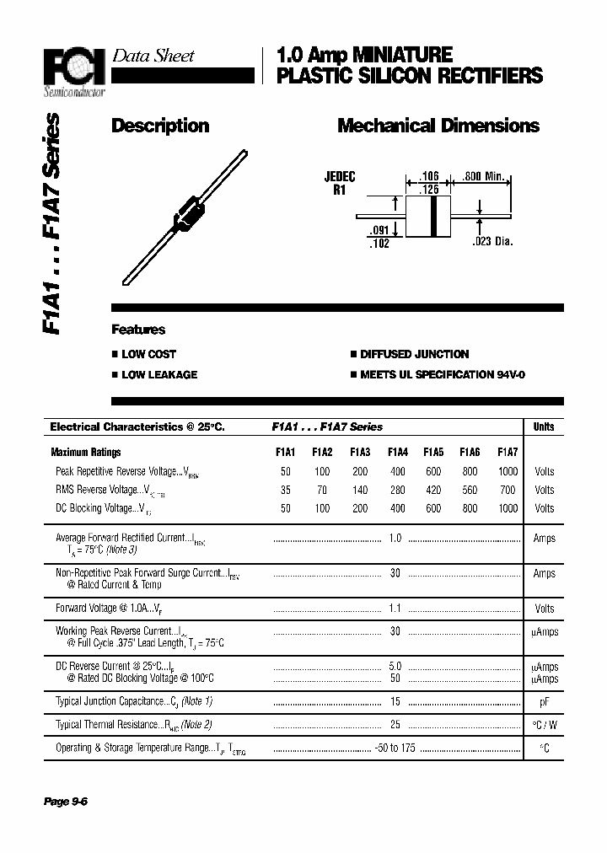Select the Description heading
click(x=160, y=126)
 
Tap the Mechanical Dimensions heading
click(x=438, y=126)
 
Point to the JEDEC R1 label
click(x=340, y=183)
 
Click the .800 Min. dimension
click(x=484, y=177)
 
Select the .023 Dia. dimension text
click(x=492, y=242)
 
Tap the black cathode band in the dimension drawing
click(x=434, y=217)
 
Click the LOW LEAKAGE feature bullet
click(x=158, y=374)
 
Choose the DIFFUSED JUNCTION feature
click(x=414, y=354)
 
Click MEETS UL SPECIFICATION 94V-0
click(x=442, y=374)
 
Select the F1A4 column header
click(x=398, y=452)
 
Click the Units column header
click(x=544, y=426)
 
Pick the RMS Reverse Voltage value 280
click(x=398, y=490)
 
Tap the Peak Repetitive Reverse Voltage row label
click(x=126, y=471)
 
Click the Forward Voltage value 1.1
click(x=395, y=608)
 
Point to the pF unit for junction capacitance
click(x=544, y=701)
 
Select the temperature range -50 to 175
click(x=395, y=748)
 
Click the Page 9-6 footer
click(x=66, y=802)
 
